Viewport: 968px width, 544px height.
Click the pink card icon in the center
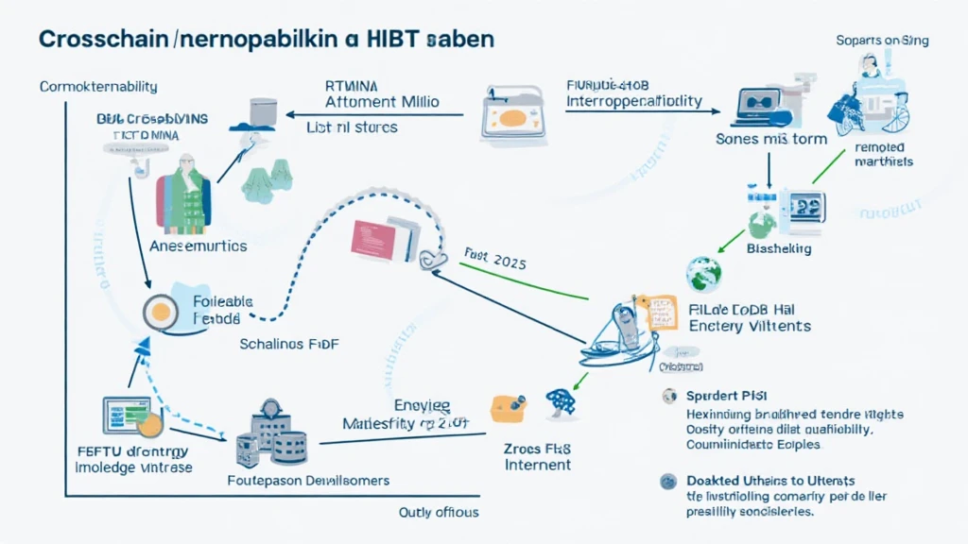click(372, 238)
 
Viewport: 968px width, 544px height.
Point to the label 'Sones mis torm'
click(771, 139)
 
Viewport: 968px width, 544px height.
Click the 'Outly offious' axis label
click(439, 512)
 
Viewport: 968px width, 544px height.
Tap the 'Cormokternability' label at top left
click(98, 87)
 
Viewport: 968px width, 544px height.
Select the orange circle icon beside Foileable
click(161, 311)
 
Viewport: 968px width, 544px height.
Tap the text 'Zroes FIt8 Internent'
click(537, 456)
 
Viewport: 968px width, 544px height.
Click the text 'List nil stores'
click(352, 127)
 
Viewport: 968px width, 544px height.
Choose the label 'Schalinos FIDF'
click(290, 345)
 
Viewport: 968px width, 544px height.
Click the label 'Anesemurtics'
click(199, 246)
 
